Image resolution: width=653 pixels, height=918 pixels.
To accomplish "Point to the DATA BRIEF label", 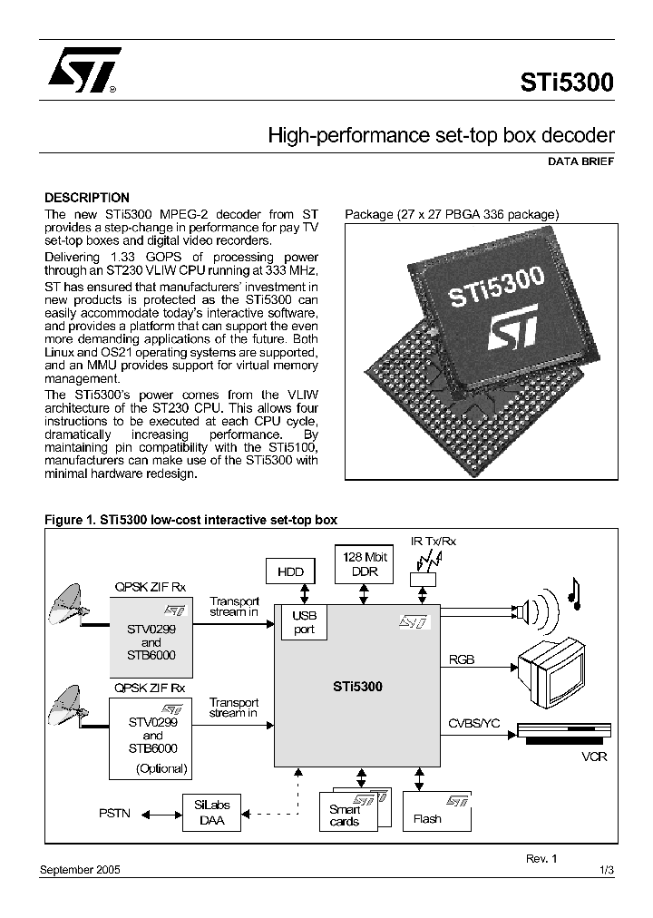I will coord(580,161).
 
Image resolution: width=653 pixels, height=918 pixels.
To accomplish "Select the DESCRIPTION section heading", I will coord(87,198).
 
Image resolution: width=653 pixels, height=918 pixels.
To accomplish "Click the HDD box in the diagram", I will coord(290,571).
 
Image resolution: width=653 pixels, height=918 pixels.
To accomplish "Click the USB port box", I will coord(304,623).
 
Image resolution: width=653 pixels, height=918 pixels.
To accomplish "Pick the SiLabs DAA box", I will coord(212,813).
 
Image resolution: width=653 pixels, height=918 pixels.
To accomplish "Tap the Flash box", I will coord(436,813).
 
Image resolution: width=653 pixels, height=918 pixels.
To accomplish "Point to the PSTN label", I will coord(114,814).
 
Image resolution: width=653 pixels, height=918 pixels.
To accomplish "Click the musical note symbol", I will coord(573,592).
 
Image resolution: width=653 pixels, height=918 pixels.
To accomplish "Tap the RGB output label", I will coord(462,660).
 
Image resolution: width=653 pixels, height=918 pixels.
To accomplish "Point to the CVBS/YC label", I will coord(474,723).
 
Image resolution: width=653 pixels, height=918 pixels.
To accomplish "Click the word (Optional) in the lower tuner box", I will coord(161,768).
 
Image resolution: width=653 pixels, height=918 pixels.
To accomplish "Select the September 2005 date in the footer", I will coord(80,870).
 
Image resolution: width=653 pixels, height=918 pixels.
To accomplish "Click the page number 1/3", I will coord(607,870).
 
